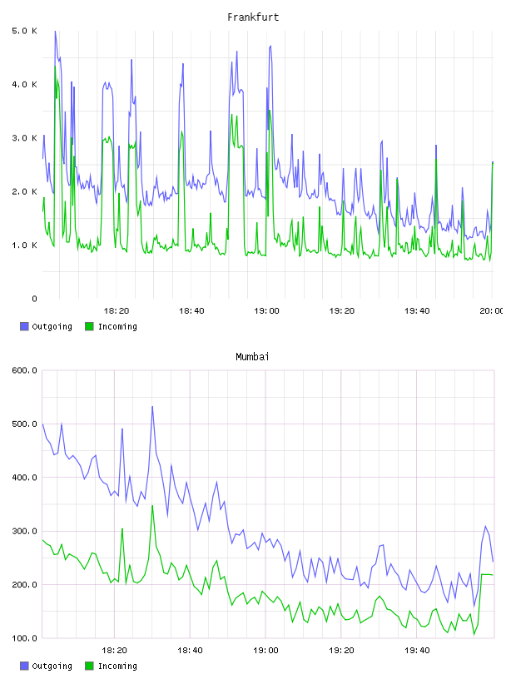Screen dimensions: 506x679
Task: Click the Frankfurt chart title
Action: pyautogui.click(x=253, y=17)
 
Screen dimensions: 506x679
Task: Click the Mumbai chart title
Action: pyautogui.click(x=252, y=357)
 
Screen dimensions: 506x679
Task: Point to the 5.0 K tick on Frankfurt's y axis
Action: pyautogui.click(x=24, y=31)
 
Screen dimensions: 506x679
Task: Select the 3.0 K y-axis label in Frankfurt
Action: pyautogui.click(x=24, y=138)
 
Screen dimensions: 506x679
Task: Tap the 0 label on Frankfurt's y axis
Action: pyautogui.click(x=34, y=299)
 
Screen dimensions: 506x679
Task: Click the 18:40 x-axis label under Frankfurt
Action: pyautogui.click(x=191, y=311)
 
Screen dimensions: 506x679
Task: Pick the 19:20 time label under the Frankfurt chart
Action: pyautogui.click(x=342, y=311)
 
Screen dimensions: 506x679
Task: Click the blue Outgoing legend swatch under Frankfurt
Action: pyautogui.click(x=24, y=326)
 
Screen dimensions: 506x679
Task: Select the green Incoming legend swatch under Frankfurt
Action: pyautogui.click(x=89, y=326)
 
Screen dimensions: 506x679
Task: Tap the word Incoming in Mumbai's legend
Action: pyautogui.click(x=117, y=666)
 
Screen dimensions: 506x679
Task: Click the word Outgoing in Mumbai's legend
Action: pyautogui.click(x=52, y=666)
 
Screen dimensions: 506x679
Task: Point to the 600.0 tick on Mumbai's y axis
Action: pyautogui.click(x=24, y=370)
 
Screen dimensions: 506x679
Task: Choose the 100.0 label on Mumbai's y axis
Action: pyautogui.click(x=24, y=638)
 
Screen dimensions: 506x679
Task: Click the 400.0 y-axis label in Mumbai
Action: pyautogui.click(x=24, y=478)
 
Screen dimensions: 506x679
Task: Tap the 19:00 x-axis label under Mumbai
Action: pyautogui.click(x=266, y=651)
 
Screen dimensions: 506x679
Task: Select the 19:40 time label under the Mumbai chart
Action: pyautogui.click(x=417, y=651)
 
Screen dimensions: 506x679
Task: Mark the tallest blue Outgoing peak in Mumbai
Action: pyautogui.click(x=152, y=406)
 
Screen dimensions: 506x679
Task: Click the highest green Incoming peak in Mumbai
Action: pyautogui.click(x=152, y=505)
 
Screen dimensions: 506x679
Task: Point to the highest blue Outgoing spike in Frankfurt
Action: pyautogui.click(x=55, y=31)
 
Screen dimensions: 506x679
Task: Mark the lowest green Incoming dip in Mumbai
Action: pyautogui.click(x=474, y=634)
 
